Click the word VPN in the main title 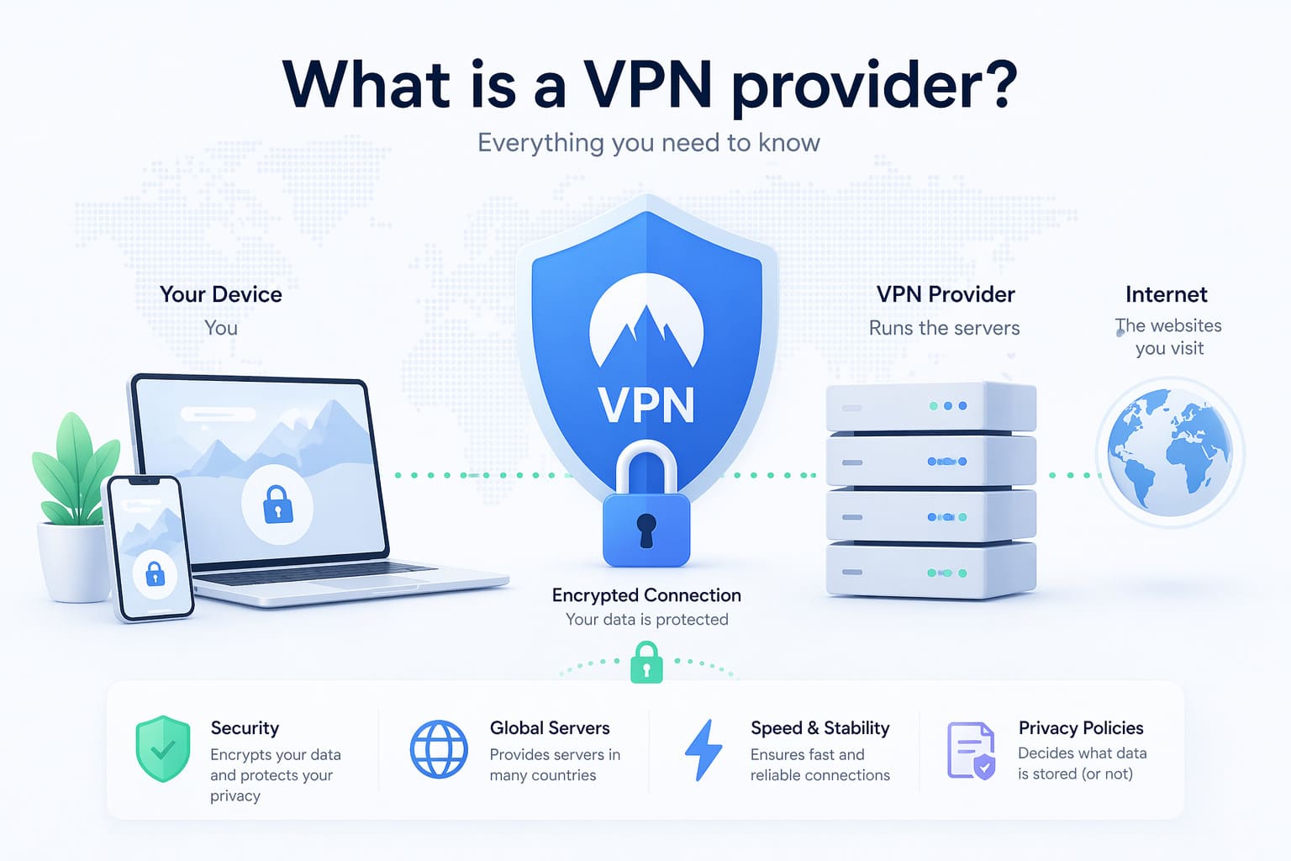click(647, 85)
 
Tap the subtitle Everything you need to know click(648, 143)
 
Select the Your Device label click(221, 294)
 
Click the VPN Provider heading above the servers click(946, 294)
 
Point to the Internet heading click(1166, 294)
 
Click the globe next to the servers click(1169, 452)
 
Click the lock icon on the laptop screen click(277, 505)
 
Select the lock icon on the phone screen click(155, 574)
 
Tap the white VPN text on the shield click(646, 405)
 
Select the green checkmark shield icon click(163, 748)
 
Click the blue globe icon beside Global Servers click(439, 748)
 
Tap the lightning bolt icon click(703, 749)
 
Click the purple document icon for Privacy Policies click(971, 750)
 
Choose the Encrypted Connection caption click(646, 595)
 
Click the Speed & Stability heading click(819, 728)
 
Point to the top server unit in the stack click(930, 407)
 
